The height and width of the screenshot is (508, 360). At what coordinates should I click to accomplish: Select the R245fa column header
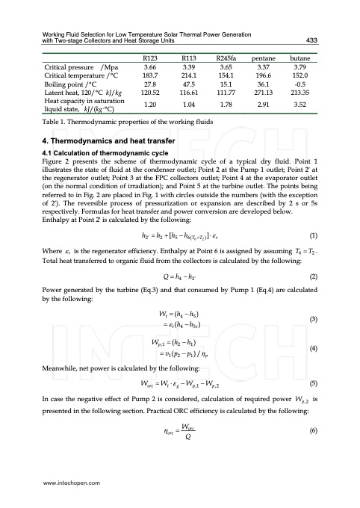point(226,57)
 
